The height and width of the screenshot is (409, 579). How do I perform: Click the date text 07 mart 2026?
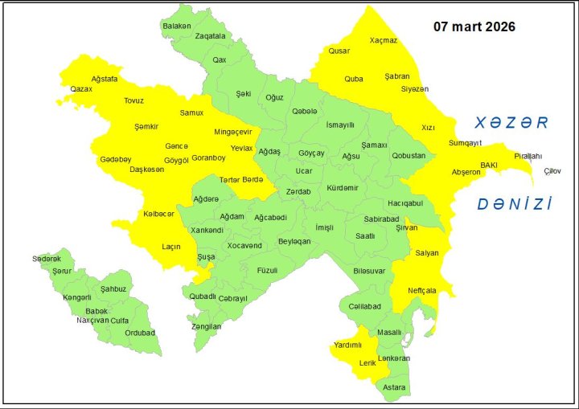(x=474, y=27)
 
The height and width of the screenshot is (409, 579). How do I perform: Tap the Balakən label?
(x=177, y=27)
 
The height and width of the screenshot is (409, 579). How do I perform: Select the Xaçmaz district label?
(x=384, y=40)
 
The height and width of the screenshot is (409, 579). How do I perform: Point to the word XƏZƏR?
(x=511, y=123)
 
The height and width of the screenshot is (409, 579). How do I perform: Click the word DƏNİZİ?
(x=514, y=204)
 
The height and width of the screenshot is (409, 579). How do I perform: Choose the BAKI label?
(x=489, y=165)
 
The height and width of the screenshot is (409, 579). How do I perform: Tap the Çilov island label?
(x=553, y=171)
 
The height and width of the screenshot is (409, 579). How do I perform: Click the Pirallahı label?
(x=528, y=156)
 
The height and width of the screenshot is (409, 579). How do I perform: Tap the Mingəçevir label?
(x=233, y=132)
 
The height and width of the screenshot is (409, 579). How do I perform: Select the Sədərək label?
(x=47, y=259)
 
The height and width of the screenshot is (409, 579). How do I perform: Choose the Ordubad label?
(x=141, y=333)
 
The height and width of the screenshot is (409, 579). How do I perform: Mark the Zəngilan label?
(x=206, y=326)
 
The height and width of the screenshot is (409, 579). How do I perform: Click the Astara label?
(x=394, y=387)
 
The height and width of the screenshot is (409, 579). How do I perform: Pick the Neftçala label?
(x=422, y=290)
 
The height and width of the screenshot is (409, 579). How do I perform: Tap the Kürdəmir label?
(x=343, y=188)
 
